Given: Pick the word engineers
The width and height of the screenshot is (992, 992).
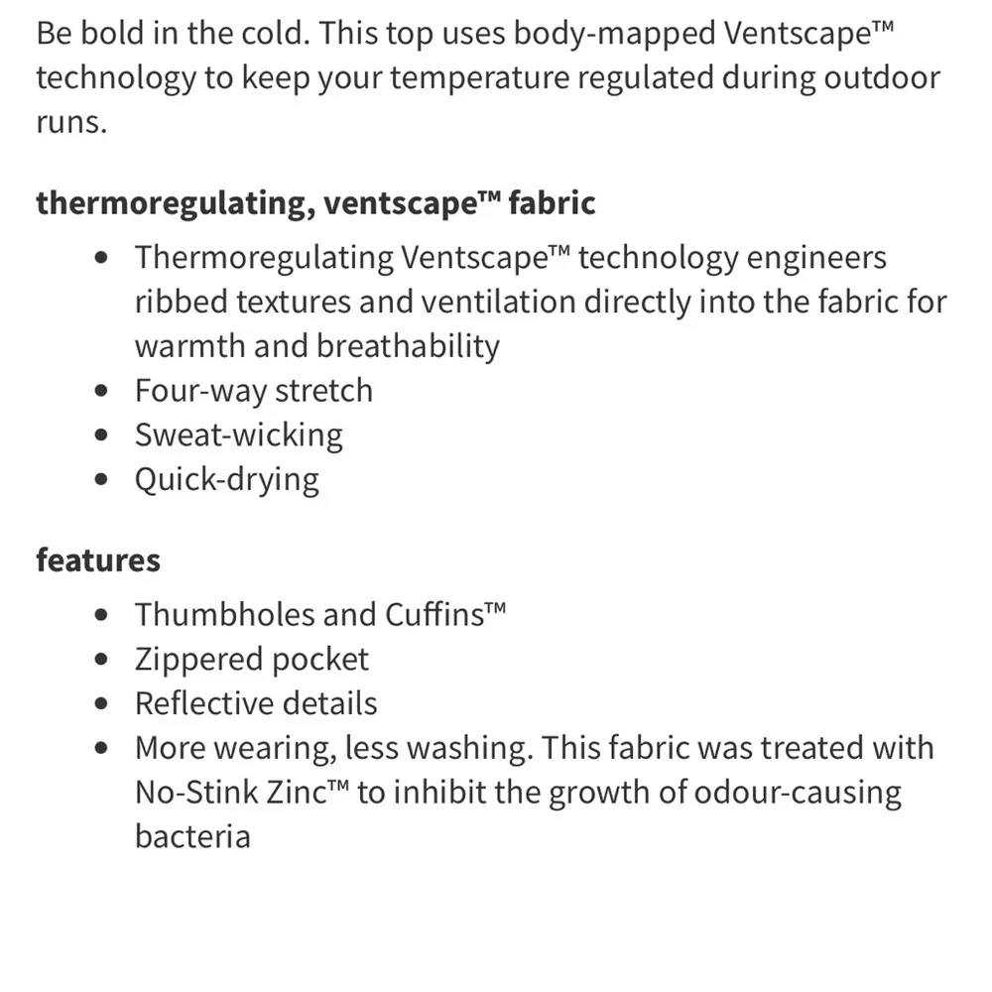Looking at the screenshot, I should pyautogui.click(x=812, y=258).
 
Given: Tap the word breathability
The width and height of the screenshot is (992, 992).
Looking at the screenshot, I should pyautogui.click(x=408, y=346).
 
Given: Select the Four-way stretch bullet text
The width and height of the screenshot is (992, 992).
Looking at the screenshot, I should pyautogui.click(x=254, y=391).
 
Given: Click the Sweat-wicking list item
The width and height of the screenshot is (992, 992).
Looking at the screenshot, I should pyautogui.click(x=239, y=435).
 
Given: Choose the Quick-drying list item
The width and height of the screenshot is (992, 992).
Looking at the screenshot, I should pyautogui.click(x=227, y=480).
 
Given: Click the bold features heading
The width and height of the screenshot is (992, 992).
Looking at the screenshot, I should pyautogui.click(x=97, y=559).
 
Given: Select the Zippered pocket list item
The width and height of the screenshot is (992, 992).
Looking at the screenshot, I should pyautogui.click(x=252, y=659).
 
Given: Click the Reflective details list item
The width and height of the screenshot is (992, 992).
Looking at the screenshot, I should pyautogui.click(x=256, y=703).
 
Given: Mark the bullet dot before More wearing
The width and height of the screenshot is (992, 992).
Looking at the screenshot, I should pyautogui.click(x=101, y=749).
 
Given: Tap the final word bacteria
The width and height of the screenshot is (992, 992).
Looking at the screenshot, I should pyautogui.click(x=192, y=836).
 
